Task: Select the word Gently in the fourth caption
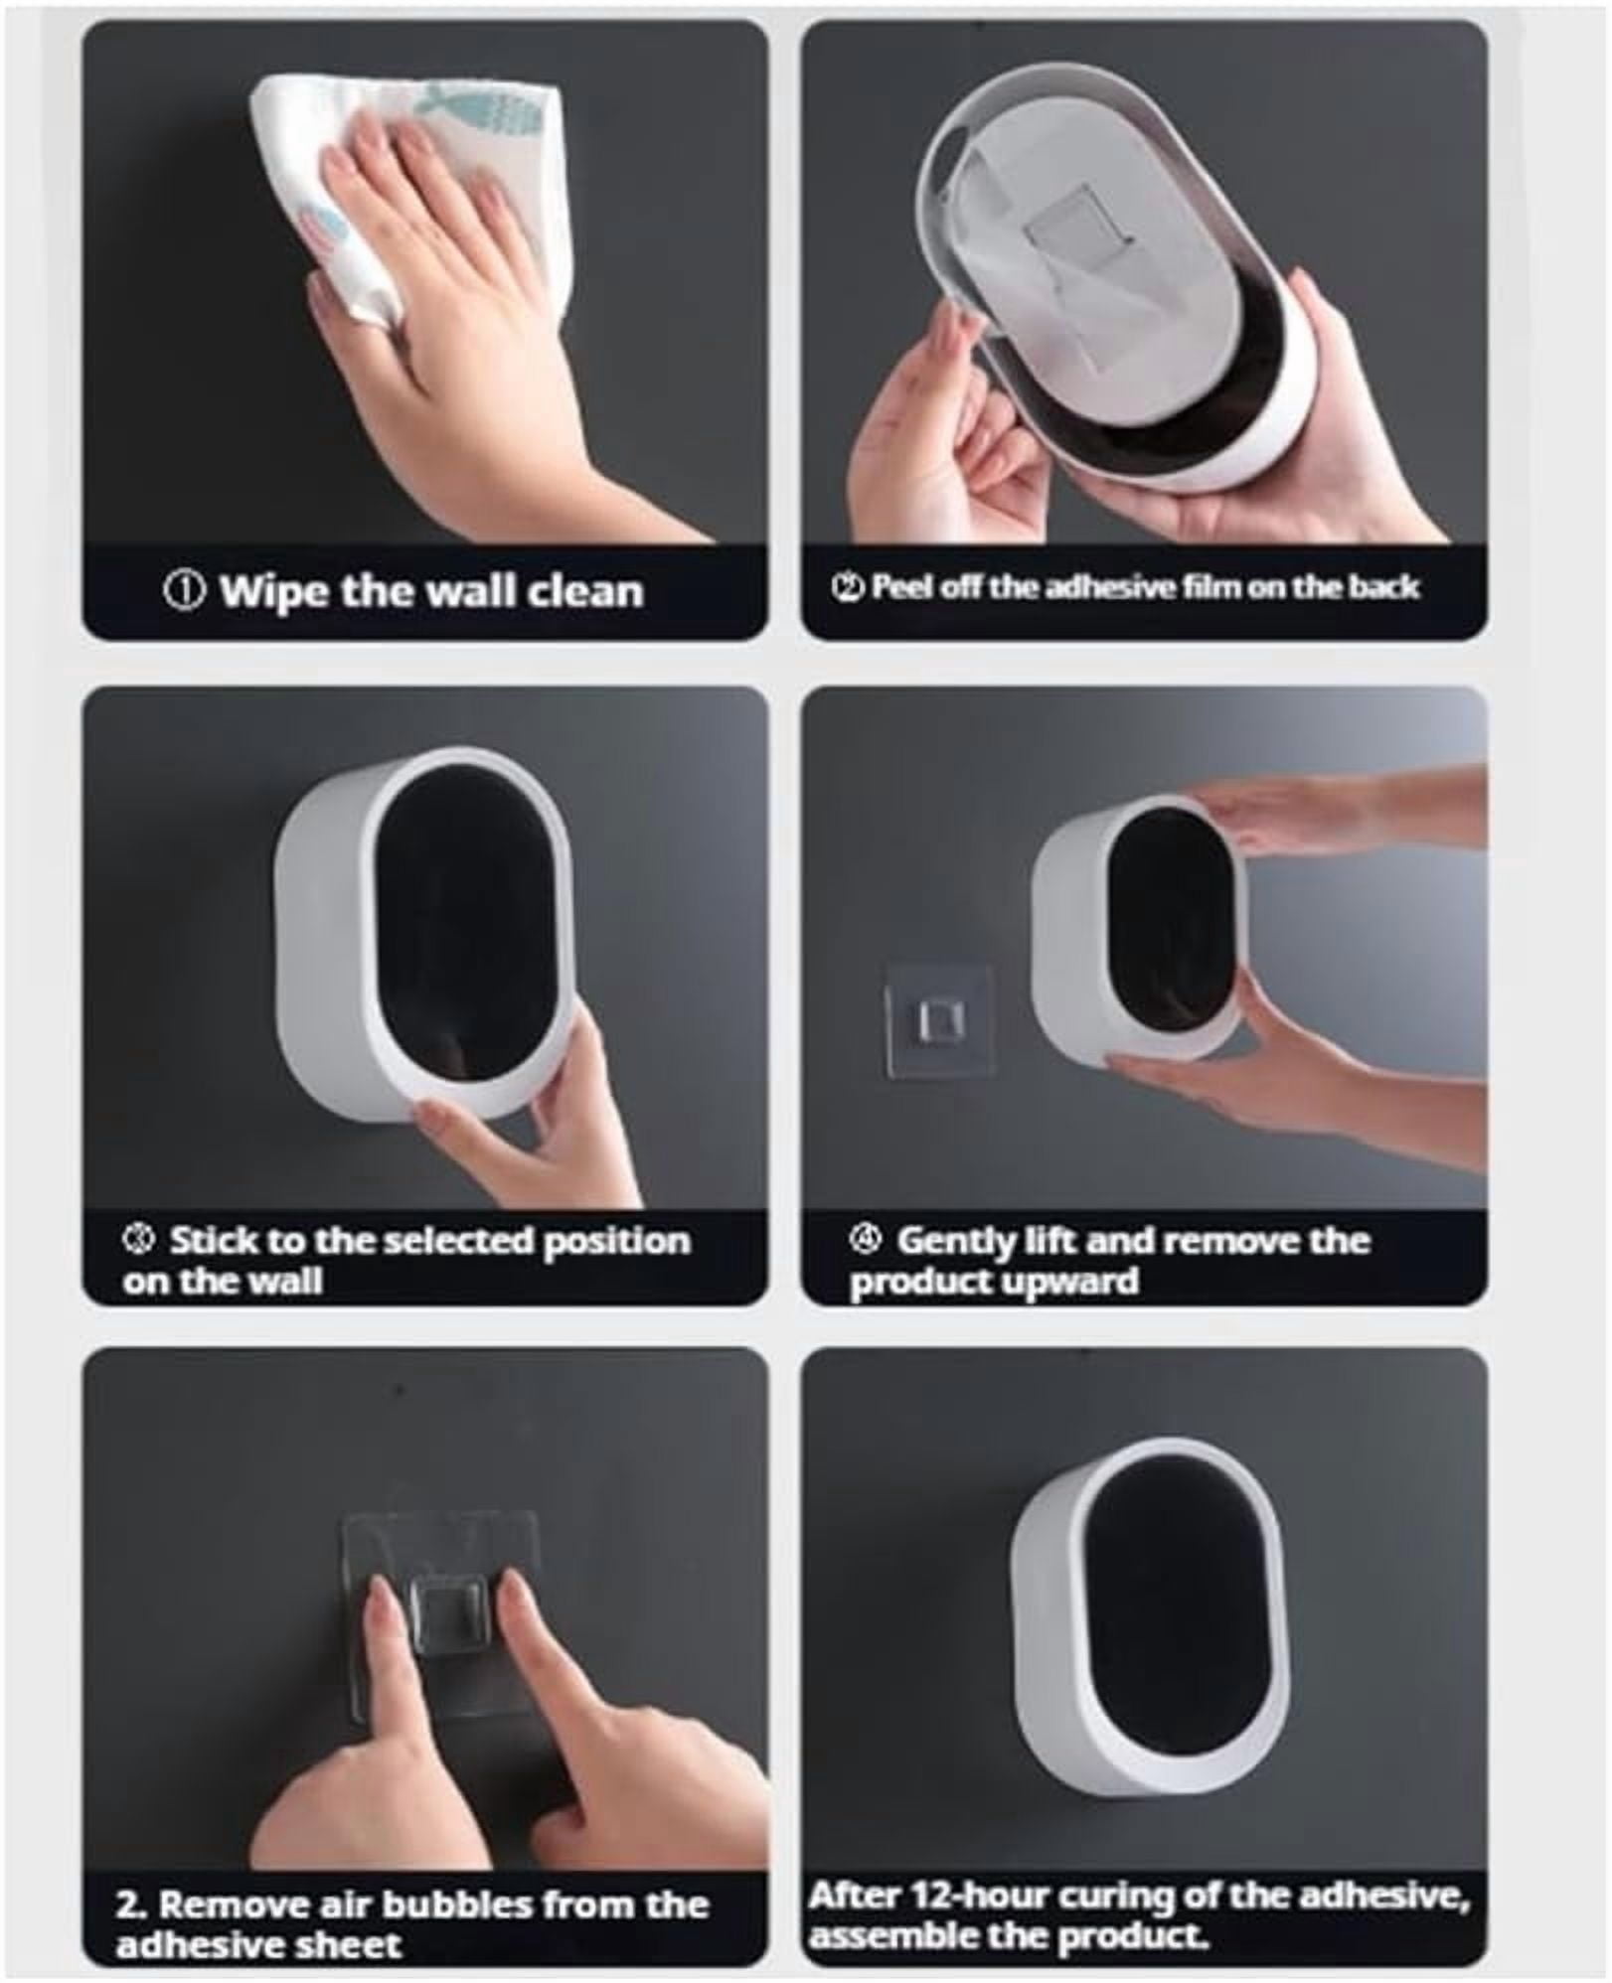pos(959,1242)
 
